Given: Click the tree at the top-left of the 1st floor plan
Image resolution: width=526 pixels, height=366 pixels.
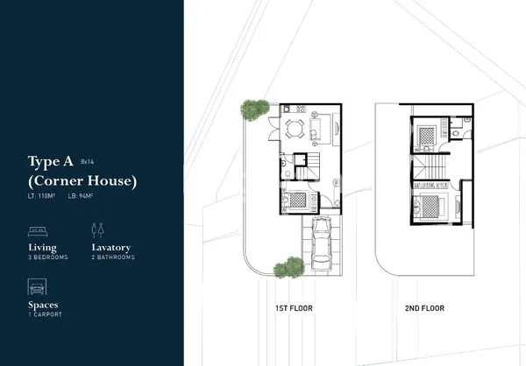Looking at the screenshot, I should pos(255,111).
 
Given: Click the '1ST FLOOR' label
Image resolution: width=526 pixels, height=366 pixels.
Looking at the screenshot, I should pos(293,308).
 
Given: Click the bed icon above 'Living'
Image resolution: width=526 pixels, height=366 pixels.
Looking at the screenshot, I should pos(39,230).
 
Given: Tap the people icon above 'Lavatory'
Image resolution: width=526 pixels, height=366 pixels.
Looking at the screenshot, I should pos(97,229).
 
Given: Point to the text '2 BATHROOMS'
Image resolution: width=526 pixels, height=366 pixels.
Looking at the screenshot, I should pos(113,258).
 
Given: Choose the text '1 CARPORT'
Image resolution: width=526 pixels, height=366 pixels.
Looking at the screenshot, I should pos(46,314).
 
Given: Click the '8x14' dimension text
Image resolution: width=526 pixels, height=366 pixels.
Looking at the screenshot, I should pos(87,162).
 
